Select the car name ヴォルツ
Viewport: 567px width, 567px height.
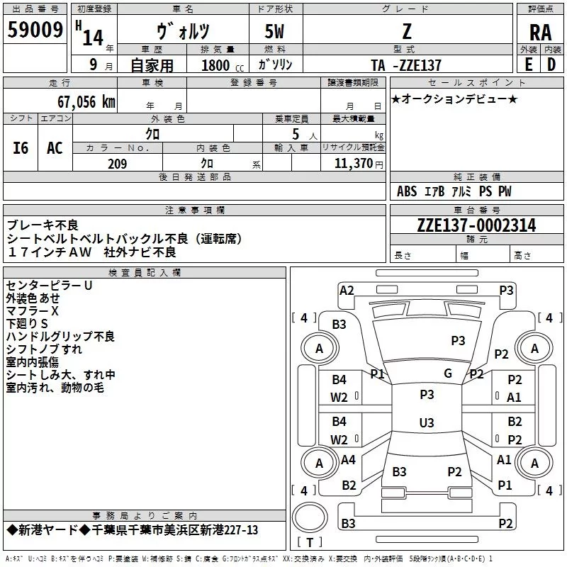pyautogui.click(x=182, y=32)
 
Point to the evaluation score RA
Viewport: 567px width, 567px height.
pyautogui.click(x=540, y=32)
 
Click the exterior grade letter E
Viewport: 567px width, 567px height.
pyautogui.click(x=528, y=64)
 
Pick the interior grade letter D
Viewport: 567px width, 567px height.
pyautogui.click(x=551, y=64)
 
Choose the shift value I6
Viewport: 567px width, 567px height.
pyautogui.click(x=21, y=148)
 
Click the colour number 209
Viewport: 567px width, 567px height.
pyautogui.click(x=117, y=164)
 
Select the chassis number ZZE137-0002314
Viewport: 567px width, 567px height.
pyautogui.click(x=476, y=225)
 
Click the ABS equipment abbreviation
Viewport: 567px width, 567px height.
pyautogui.click(x=407, y=191)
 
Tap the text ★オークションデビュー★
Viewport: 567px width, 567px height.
pyautogui.click(x=454, y=99)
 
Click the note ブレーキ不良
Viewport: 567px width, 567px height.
pyautogui.click(x=43, y=225)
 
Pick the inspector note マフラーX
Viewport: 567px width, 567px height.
pyautogui.click(x=33, y=311)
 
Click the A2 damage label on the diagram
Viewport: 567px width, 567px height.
pyautogui.click(x=347, y=290)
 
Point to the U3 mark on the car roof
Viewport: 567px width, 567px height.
pyautogui.click(x=427, y=422)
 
